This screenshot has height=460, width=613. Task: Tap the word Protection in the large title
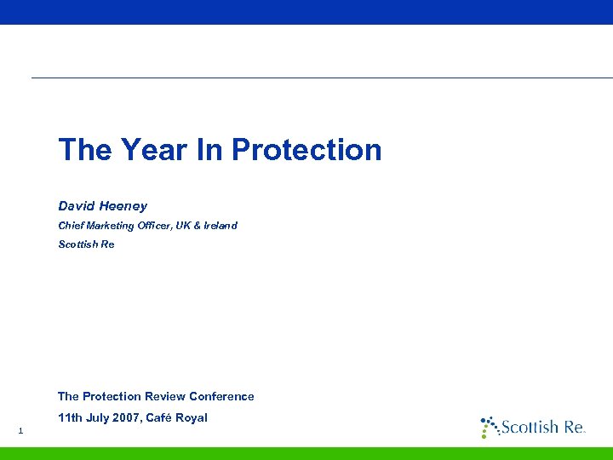pyautogui.click(x=306, y=150)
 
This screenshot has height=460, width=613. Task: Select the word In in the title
pyautogui.click(x=209, y=150)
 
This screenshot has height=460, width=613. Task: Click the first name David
pyautogui.click(x=77, y=206)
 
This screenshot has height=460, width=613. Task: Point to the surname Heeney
pyautogui.click(x=123, y=206)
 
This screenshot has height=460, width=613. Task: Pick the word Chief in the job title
pyautogui.click(x=71, y=226)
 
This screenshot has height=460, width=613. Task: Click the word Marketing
pyautogui.click(x=112, y=226)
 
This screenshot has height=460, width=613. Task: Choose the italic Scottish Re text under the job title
pyautogui.click(x=86, y=244)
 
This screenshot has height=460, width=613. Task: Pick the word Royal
pyautogui.click(x=194, y=418)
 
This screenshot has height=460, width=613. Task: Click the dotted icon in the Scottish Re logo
pyautogui.click(x=489, y=426)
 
